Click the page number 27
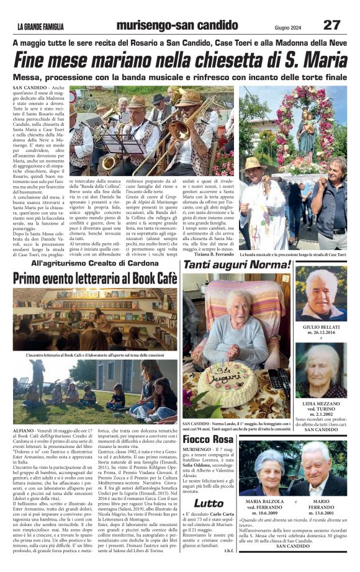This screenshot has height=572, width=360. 332,24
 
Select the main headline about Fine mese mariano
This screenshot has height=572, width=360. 180,61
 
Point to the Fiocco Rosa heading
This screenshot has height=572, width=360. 208,439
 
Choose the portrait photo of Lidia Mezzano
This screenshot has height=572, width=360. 321,371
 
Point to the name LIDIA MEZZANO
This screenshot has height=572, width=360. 321,403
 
